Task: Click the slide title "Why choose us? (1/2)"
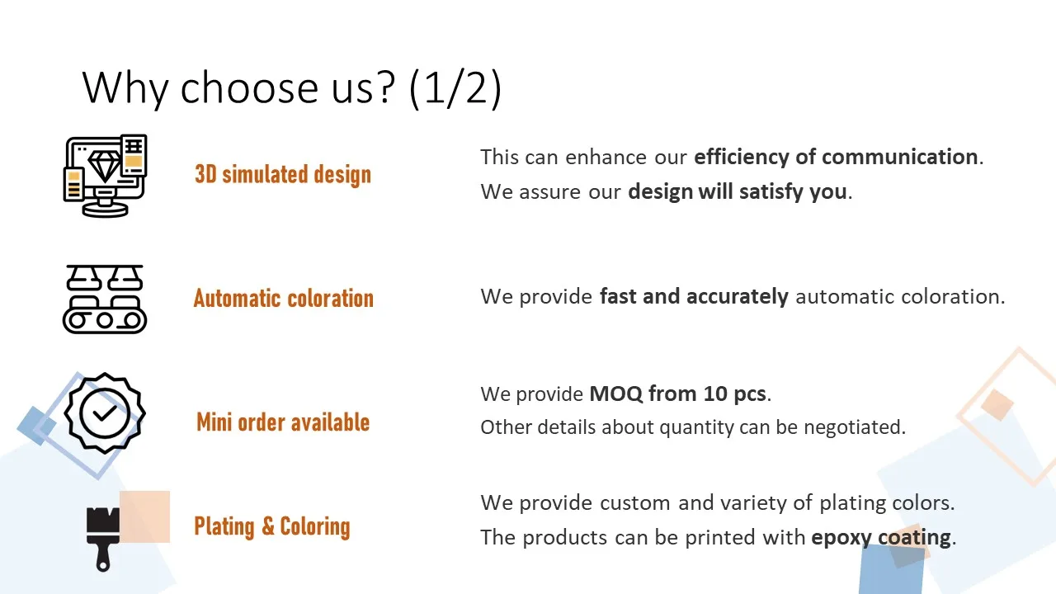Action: coord(292,88)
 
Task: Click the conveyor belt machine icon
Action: coord(105,299)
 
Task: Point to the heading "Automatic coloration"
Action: coord(283,299)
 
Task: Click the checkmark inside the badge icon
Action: coord(105,413)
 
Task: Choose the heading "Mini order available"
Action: coord(283,422)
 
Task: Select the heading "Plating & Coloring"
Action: coord(272,526)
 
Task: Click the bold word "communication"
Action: coord(899,157)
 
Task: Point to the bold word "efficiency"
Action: coord(742,158)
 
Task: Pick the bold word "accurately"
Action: coord(738,297)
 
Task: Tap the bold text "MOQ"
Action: coord(615,394)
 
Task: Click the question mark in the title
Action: coord(386,87)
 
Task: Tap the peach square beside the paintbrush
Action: coord(144,516)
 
